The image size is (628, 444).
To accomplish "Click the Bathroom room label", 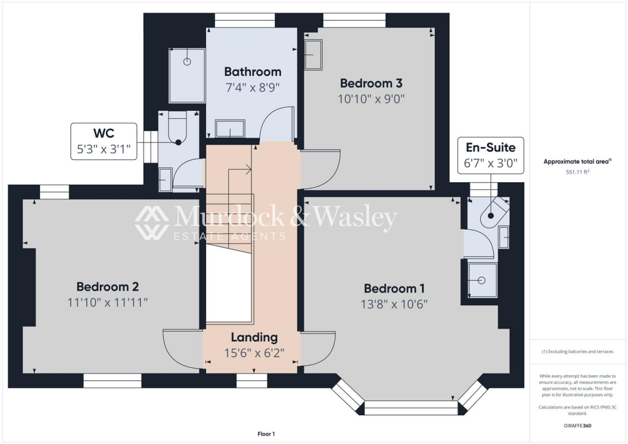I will click(x=253, y=72).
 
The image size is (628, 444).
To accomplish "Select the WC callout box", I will click(x=103, y=142).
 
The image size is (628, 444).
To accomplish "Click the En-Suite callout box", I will click(x=491, y=155).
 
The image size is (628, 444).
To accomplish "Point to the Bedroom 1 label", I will click(x=394, y=288).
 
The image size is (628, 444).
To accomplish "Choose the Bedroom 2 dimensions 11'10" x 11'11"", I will click(x=107, y=302).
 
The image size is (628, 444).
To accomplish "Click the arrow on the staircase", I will click(x=249, y=169).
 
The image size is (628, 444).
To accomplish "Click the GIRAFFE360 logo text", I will click(x=576, y=426).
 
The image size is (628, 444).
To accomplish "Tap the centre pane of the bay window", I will click(x=410, y=408).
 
